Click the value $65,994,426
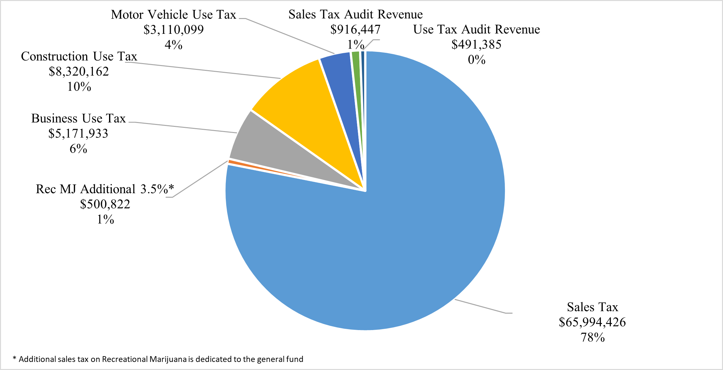point(592,322)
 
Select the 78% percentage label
point(592,337)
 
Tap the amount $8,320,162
point(79,71)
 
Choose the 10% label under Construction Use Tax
point(79,87)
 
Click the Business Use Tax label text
point(78,119)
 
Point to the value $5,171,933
point(78,134)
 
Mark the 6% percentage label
point(78,149)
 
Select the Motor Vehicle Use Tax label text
point(174,15)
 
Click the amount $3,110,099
point(174,30)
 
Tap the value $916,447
point(355,30)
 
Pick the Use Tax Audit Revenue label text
point(477,30)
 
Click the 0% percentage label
point(477,60)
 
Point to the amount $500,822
point(105,204)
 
